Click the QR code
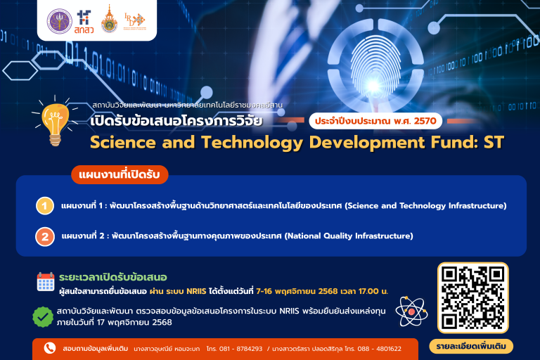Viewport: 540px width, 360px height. (472, 297)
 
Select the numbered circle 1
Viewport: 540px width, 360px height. (45, 206)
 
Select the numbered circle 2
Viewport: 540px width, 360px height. (45, 236)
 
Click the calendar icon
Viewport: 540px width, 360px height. (46, 281)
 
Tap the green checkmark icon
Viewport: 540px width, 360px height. (44, 316)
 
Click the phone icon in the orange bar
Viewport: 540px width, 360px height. (49, 348)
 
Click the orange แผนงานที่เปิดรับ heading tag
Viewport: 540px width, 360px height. (119, 173)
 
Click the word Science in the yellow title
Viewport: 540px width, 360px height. (124, 143)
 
